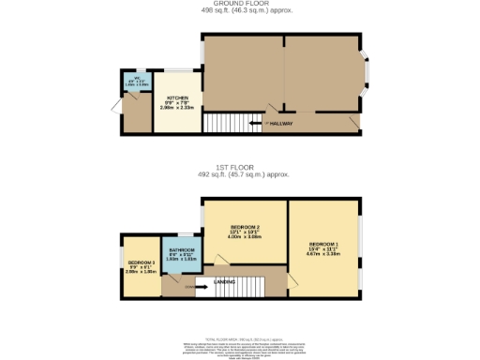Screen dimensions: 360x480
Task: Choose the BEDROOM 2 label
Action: [x=245, y=228]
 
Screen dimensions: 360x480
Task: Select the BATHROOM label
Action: [x=182, y=250]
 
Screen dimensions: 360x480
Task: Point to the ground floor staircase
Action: [x=223, y=123]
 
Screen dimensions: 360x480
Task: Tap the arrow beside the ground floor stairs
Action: [x=254, y=123]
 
